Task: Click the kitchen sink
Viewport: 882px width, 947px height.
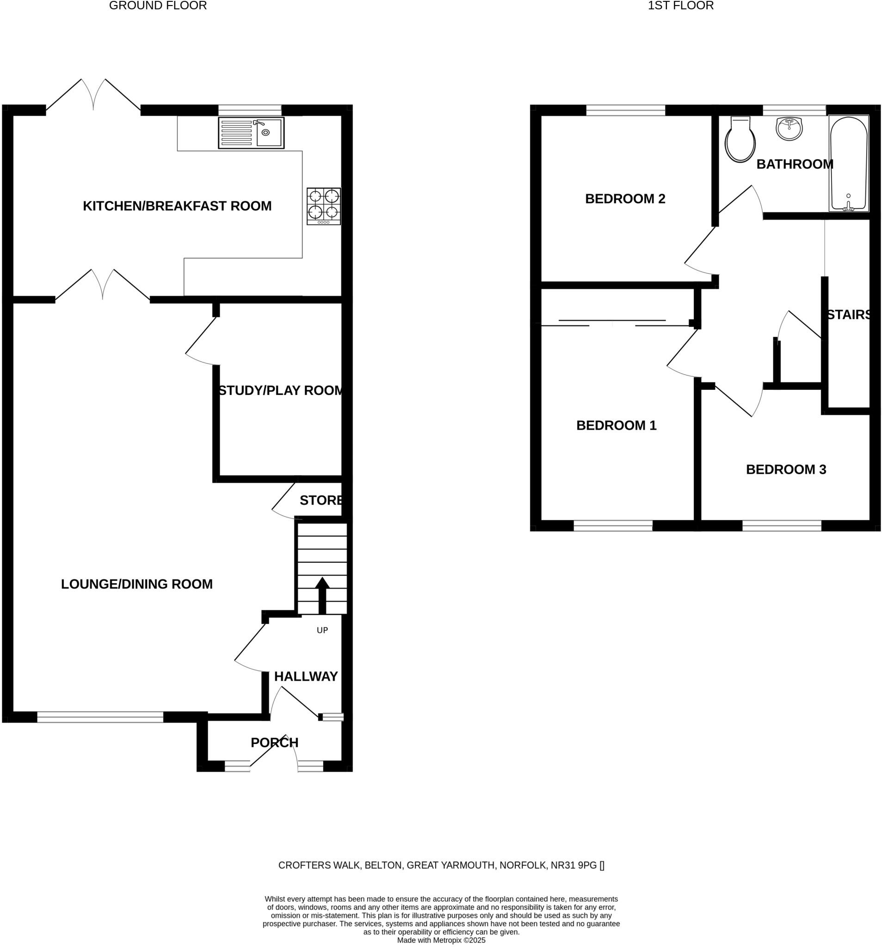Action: tap(251, 133)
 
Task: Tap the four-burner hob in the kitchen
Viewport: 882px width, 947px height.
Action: tap(324, 206)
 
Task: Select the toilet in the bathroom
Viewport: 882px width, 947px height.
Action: tap(740, 140)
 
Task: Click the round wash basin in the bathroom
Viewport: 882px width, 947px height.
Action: tap(789, 129)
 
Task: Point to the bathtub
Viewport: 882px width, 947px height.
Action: tap(849, 163)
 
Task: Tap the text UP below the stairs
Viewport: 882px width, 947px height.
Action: tap(322, 630)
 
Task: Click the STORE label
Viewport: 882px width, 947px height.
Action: tap(321, 500)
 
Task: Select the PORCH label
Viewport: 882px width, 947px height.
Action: tap(274, 743)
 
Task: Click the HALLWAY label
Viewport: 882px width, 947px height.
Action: tap(305, 676)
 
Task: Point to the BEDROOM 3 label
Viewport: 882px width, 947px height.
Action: tap(786, 470)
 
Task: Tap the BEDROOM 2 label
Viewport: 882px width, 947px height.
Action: tap(625, 199)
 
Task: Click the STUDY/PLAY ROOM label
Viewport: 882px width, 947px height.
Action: tap(281, 391)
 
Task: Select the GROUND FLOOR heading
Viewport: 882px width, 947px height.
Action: tap(158, 6)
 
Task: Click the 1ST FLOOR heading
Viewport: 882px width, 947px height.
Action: tap(680, 6)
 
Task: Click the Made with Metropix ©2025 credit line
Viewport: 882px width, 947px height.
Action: tap(441, 941)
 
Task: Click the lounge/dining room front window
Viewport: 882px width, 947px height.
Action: tap(100, 717)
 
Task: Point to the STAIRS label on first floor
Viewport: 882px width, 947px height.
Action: tap(849, 315)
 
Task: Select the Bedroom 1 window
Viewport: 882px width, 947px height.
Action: tap(613, 525)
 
